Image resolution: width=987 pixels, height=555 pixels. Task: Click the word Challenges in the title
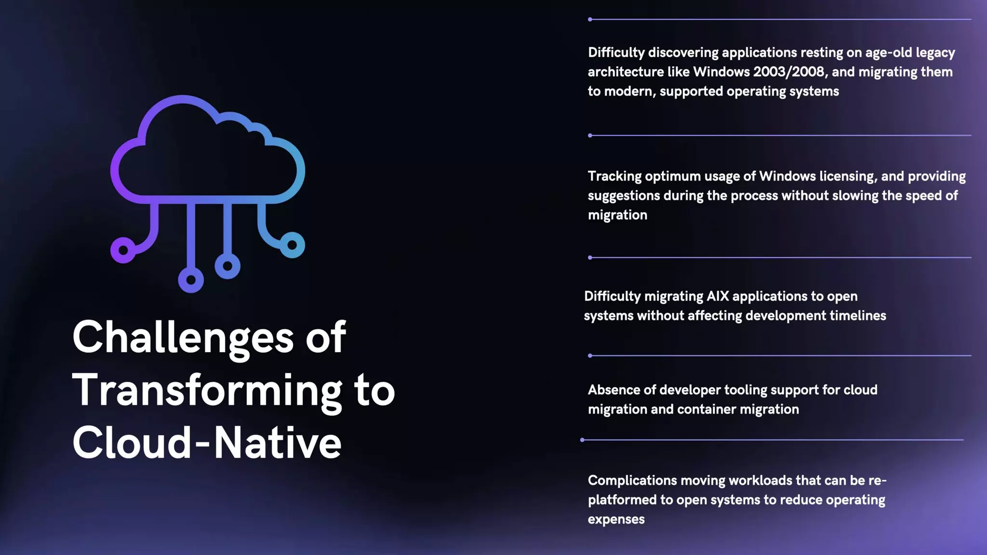pos(183,338)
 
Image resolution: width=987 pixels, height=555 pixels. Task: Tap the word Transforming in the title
pos(207,391)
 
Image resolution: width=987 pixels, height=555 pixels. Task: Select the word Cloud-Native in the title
pos(207,443)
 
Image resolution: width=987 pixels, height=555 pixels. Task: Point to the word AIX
pos(718,296)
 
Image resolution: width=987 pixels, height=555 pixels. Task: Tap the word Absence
pos(615,390)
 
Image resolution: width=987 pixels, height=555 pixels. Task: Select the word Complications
pos(632,480)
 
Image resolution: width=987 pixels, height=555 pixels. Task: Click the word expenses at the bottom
pos(616,519)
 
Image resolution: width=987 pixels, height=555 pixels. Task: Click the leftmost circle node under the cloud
pos(123,250)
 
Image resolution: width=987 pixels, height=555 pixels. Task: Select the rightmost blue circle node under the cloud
pos(292,245)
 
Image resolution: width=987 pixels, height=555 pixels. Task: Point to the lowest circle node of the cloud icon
pos(191,280)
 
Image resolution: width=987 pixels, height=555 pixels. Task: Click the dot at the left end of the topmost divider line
pos(590,19)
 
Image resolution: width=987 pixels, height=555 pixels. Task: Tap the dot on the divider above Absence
pos(590,356)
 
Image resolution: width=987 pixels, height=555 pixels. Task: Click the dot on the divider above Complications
pos(582,440)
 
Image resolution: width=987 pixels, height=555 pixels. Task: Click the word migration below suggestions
pos(617,215)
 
